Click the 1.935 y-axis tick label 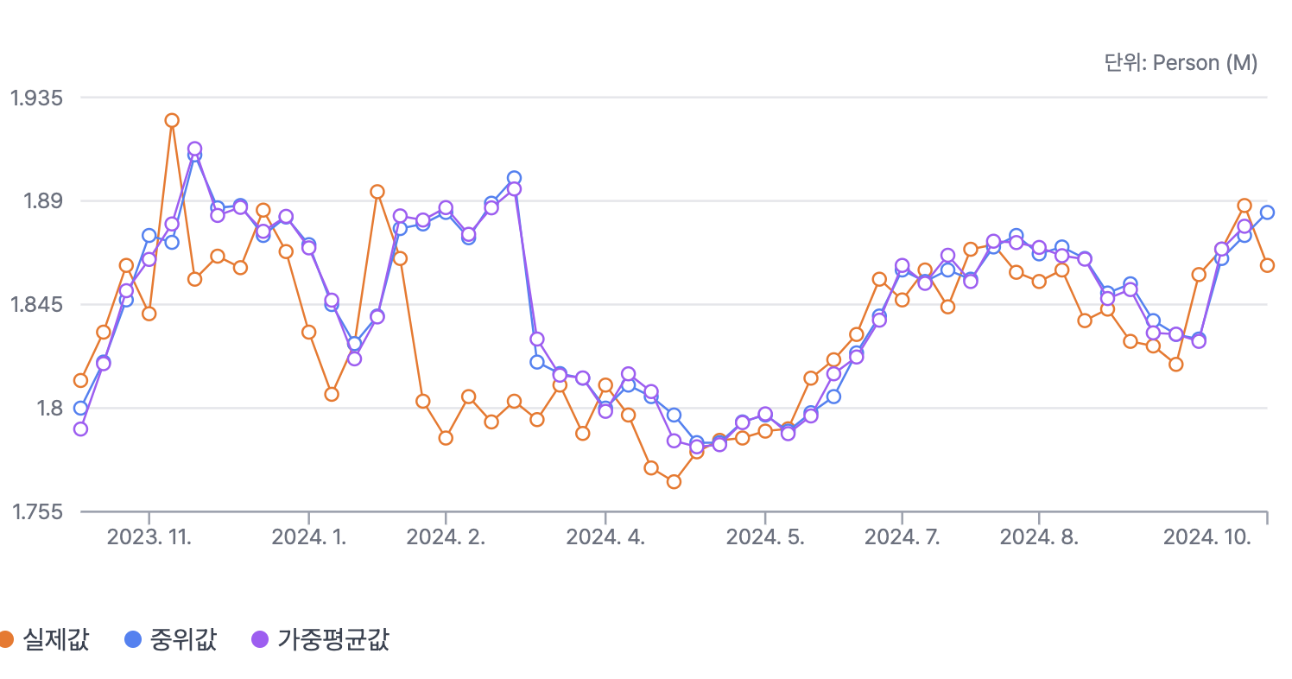click(x=36, y=98)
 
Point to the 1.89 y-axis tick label click(x=41, y=201)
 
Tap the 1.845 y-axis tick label click(x=36, y=305)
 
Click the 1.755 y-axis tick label click(x=36, y=512)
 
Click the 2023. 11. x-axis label click(x=149, y=537)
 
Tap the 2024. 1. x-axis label click(x=309, y=537)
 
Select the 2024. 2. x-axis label click(x=446, y=537)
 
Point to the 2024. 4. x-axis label click(x=605, y=537)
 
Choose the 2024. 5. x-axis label click(x=765, y=537)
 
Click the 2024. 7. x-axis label click(x=902, y=537)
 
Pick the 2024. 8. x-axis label click(x=1039, y=537)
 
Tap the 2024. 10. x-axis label click(x=1207, y=537)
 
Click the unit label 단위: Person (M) click(x=1181, y=63)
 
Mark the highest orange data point click(x=172, y=120)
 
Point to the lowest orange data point click(x=674, y=482)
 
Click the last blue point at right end click(x=1267, y=213)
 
